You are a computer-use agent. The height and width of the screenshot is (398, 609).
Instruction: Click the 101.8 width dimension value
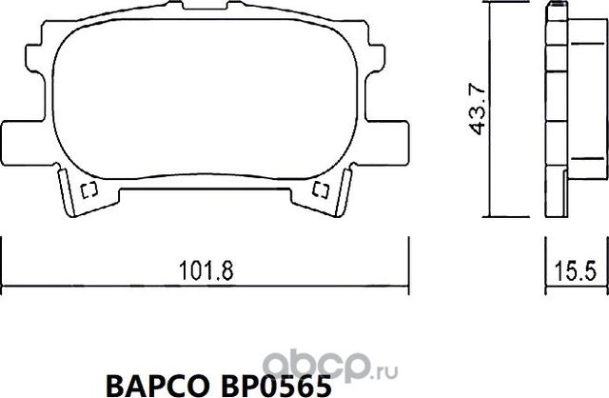pos(206,270)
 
